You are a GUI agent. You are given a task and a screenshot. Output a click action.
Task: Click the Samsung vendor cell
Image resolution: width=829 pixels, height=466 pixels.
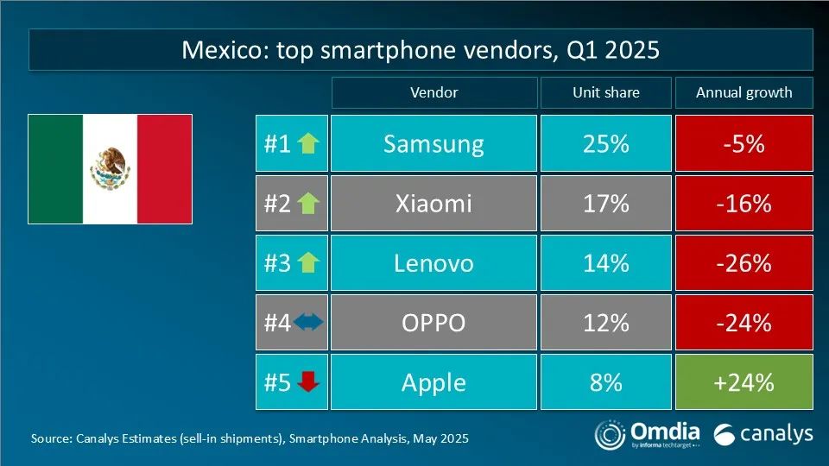[x=433, y=143]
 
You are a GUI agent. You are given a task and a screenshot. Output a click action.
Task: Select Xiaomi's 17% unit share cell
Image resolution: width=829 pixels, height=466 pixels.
[x=605, y=203]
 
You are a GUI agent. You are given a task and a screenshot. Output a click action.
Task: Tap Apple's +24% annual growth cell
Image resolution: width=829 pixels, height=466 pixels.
[x=744, y=381]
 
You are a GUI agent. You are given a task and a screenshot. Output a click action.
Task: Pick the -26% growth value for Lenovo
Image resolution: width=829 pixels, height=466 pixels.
[x=744, y=262]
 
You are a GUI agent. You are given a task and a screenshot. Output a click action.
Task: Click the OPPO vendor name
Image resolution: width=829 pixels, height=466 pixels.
[x=433, y=322]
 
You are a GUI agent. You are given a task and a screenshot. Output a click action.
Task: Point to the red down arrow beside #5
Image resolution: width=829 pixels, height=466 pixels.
[x=308, y=381]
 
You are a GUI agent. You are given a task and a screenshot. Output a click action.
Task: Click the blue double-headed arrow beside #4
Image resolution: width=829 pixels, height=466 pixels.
[x=308, y=322]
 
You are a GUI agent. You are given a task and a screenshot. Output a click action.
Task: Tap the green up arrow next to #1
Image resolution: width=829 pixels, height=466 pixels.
[x=308, y=143]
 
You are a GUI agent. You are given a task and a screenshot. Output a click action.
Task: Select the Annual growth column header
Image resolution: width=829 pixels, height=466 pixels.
[x=744, y=92]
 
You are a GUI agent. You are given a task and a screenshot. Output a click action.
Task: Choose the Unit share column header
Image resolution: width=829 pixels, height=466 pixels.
[x=605, y=92]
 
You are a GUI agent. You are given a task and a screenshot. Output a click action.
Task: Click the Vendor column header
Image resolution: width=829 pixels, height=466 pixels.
[x=433, y=92]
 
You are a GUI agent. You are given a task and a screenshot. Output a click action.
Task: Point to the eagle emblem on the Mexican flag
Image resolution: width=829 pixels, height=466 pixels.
[x=111, y=167]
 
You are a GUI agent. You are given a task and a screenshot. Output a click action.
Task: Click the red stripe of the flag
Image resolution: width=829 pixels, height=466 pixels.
[x=164, y=168]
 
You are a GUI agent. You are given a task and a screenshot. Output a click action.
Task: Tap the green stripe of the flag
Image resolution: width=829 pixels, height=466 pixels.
[x=56, y=168]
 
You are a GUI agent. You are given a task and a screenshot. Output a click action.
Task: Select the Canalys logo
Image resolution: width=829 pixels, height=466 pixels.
[x=763, y=433]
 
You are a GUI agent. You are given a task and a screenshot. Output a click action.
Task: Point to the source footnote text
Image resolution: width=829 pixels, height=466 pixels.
[x=250, y=438]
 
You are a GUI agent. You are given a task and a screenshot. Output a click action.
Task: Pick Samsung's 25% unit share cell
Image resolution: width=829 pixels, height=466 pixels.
[x=605, y=143]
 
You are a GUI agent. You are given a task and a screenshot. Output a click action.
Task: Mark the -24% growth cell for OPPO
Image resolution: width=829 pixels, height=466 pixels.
[x=744, y=322]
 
